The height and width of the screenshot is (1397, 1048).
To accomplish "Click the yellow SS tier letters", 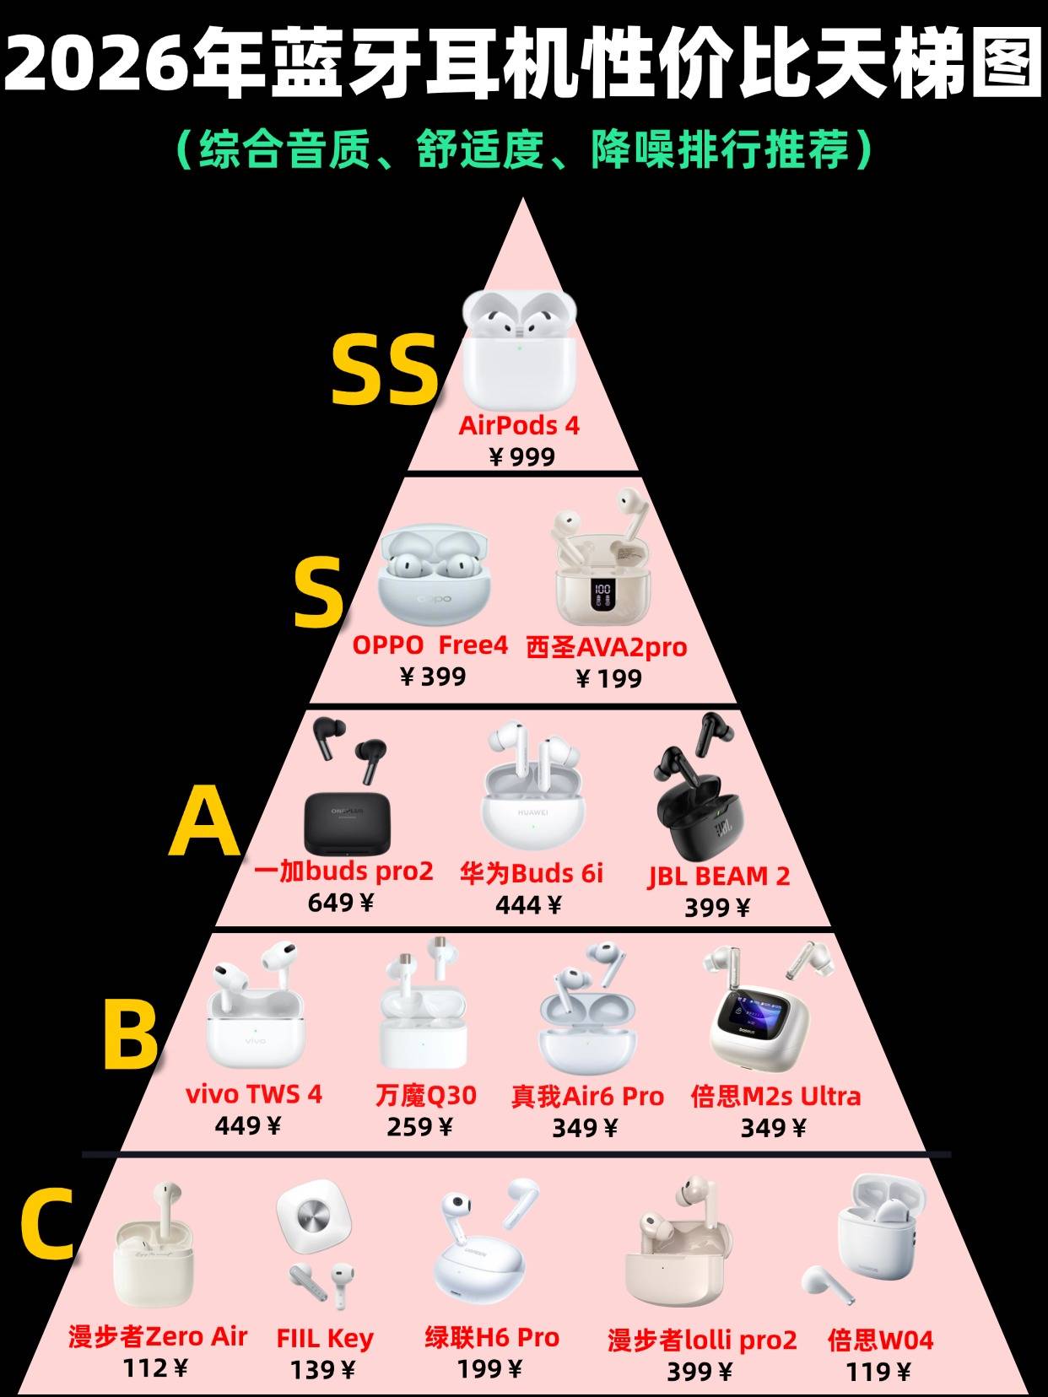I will click(x=385, y=369).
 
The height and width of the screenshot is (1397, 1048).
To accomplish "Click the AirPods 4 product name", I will click(x=519, y=425).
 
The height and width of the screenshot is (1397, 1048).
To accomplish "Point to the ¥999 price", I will click(x=522, y=456).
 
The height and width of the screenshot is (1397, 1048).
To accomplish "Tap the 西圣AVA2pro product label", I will click(x=606, y=647).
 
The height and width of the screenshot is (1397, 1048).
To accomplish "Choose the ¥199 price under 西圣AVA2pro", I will click(x=608, y=677).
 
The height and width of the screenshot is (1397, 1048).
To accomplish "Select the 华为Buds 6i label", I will click(x=532, y=872).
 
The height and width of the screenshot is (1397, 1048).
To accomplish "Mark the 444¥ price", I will click(x=528, y=904).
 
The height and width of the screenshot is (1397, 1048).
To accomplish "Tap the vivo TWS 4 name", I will click(x=254, y=1094).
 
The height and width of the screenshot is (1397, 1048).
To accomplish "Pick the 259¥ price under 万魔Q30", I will click(x=419, y=1126).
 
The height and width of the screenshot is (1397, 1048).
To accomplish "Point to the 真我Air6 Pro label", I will click(x=587, y=1096).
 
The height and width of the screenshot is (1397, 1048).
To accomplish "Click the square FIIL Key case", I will click(x=313, y=1219).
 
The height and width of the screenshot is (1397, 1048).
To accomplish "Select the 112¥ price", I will click(x=156, y=1367).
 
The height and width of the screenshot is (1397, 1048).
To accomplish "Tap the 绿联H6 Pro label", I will click(x=492, y=1337).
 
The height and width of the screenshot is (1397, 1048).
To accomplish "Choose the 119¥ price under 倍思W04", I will click(x=878, y=1372).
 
